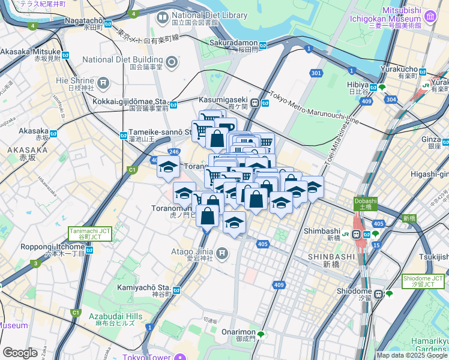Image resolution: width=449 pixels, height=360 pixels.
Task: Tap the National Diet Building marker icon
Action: point(172,62)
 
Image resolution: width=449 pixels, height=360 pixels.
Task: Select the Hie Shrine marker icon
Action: point(103,82)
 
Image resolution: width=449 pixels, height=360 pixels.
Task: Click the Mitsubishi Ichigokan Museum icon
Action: point(430,18)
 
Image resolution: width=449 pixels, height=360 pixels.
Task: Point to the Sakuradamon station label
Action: point(234,43)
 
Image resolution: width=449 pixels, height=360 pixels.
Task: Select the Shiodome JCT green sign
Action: point(423,281)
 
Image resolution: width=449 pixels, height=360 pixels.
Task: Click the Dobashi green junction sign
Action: point(366,204)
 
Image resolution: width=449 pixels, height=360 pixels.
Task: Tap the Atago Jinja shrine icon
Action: point(223,253)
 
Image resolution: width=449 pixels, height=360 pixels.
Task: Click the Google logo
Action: point(20,353)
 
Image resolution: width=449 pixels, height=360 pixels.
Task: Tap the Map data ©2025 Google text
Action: point(412,355)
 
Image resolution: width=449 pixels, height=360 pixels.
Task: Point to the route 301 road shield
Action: point(316,73)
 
